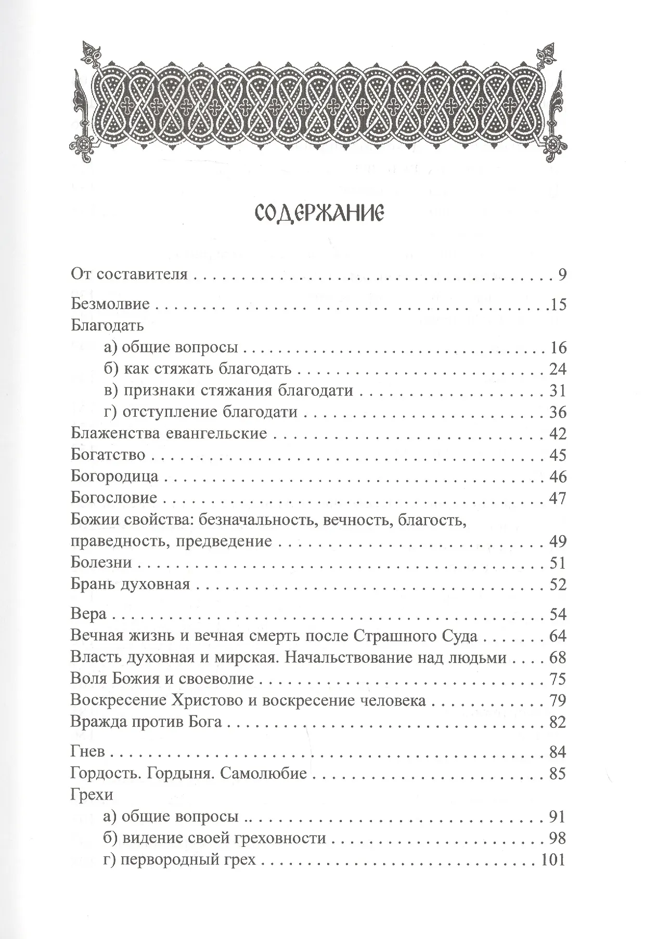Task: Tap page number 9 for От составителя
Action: [x=561, y=275]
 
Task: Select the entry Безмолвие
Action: [x=110, y=304]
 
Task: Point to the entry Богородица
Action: [x=114, y=476]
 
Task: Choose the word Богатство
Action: [x=108, y=455]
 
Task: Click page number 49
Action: [x=557, y=541]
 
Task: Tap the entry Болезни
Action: [x=101, y=562]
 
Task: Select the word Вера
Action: [x=88, y=614]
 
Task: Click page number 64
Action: [x=557, y=636]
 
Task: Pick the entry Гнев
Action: [x=87, y=752]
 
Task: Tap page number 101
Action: [x=553, y=860]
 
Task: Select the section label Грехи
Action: [x=91, y=795]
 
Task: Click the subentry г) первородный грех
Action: [x=180, y=860]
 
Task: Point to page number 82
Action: [x=557, y=722]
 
